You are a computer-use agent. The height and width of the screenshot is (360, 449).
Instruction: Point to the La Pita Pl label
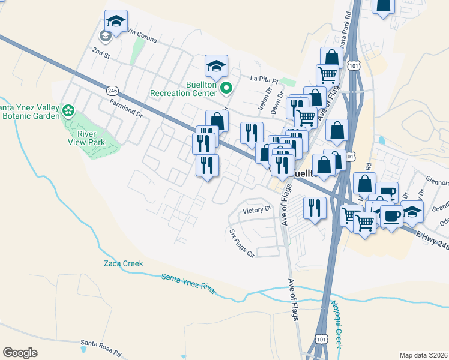pos(265,79)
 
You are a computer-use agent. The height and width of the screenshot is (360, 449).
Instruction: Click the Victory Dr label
pos(258,211)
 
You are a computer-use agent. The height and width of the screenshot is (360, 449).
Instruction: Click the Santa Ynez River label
pos(189,283)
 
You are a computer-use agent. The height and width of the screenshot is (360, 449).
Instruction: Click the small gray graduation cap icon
pos(106,36)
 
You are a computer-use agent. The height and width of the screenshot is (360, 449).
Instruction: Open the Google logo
pos(20,352)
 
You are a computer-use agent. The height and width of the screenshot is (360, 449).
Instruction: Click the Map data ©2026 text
pos(423,355)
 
